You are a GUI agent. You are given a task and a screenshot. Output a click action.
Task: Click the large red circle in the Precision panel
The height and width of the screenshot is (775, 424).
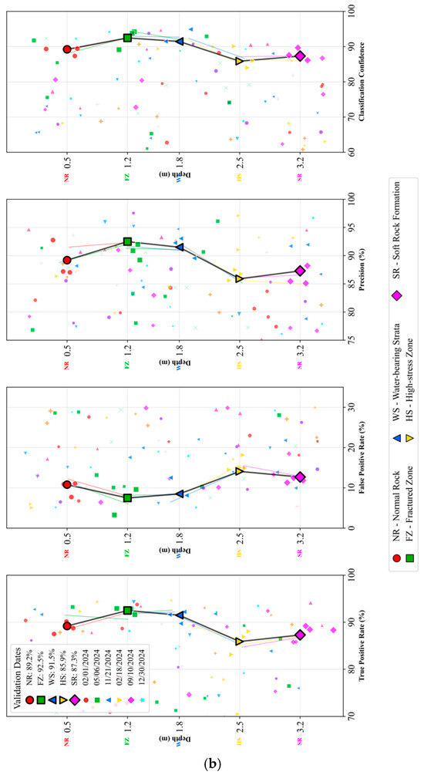point(67,261)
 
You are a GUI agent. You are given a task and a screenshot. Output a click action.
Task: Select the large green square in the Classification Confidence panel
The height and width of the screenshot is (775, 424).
point(127,38)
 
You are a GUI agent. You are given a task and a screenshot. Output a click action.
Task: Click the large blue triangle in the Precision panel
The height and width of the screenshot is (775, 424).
point(179,248)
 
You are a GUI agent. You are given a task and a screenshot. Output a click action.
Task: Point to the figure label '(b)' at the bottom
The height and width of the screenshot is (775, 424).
point(212,763)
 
